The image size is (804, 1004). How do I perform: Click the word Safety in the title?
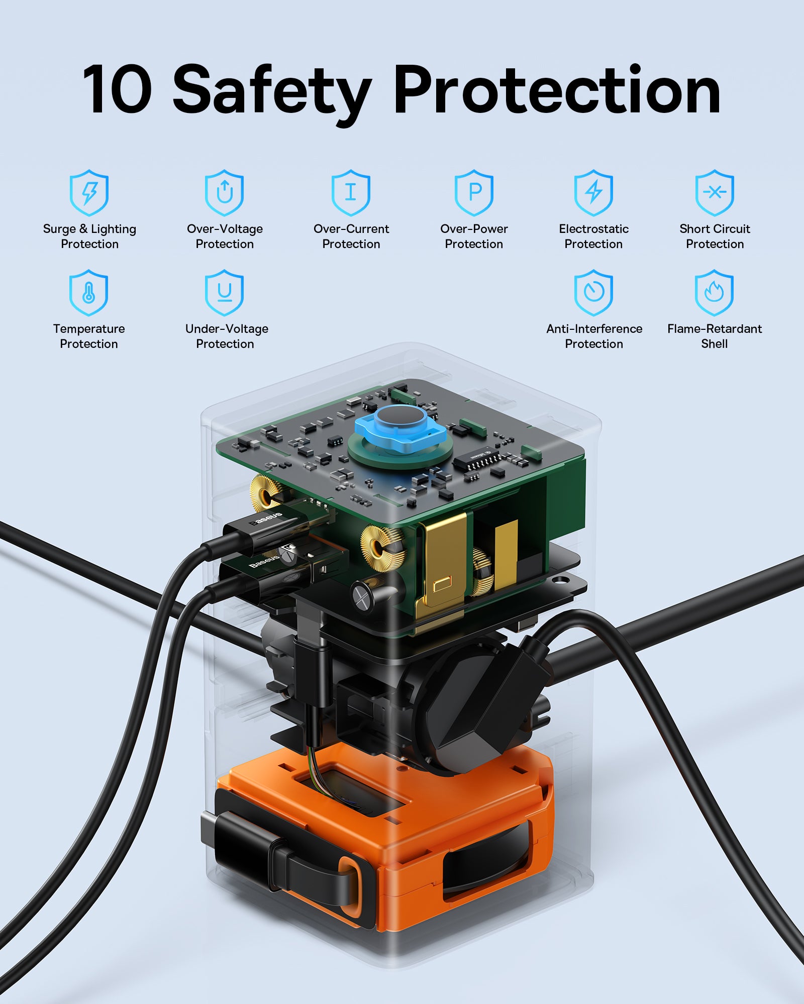pos(272,93)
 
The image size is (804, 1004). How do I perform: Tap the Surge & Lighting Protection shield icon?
pos(89,193)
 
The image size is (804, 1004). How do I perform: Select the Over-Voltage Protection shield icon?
pos(224,193)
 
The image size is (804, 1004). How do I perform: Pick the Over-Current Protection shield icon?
pos(351,193)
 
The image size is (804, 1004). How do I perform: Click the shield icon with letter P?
pos(474,193)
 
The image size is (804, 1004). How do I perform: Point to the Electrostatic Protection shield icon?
pos(593,193)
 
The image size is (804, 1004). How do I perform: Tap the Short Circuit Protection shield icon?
pos(715,193)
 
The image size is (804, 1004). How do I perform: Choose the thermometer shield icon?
pos(88,293)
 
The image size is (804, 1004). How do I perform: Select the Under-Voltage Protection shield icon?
pos(224,293)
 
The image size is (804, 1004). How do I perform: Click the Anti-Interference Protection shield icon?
pos(593,293)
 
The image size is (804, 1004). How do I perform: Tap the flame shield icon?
pos(714,293)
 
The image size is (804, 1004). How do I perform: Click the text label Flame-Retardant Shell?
pos(715,336)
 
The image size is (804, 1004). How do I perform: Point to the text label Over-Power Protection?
pos(474,236)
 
